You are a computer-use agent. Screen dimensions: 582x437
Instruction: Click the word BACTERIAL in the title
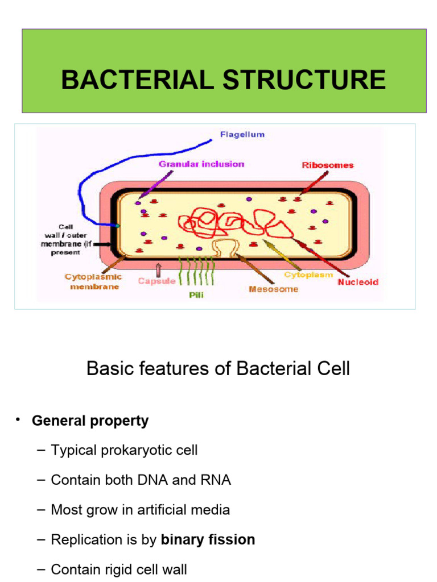click(x=138, y=80)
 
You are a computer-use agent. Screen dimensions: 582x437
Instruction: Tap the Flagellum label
click(x=242, y=135)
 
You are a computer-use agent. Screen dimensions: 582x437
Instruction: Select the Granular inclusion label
click(x=201, y=164)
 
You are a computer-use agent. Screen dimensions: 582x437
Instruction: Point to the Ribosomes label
click(x=327, y=165)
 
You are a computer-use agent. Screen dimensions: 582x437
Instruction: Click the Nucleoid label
click(x=358, y=281)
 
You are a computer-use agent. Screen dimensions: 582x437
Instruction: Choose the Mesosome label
click(x=273, y=289)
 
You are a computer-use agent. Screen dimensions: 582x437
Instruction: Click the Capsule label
click(x=156, y=281)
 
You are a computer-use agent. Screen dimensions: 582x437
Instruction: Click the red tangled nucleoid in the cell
click(x=233, y=222)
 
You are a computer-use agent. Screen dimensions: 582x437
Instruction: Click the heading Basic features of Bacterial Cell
click(x=218, y=369)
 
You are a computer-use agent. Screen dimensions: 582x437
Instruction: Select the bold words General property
click(x=90, y=421)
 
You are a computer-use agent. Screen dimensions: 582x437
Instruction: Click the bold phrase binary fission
click(x=208, y=539)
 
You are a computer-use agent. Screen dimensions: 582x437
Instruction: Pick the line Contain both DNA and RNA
click(x=141, y=480)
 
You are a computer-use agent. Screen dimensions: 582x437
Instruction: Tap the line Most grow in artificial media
click(x=140, y=509)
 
